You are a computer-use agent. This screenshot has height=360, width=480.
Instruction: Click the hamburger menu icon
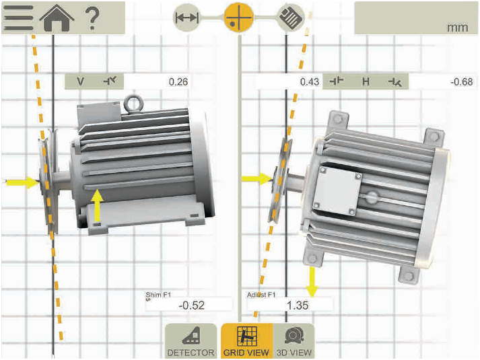pos(18,17)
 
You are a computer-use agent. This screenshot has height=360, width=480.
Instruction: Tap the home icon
pos(57,18)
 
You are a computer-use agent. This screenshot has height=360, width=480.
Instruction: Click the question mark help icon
pos(92,19)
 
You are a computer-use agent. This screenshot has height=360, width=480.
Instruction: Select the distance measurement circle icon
pos(187,17)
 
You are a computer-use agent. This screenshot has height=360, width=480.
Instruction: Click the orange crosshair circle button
pos(239,17)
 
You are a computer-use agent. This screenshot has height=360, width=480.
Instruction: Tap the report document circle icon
pos(291,17)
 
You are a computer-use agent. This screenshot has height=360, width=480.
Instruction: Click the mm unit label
pos(457,28)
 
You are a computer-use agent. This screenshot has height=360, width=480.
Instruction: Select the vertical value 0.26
pos(178,81)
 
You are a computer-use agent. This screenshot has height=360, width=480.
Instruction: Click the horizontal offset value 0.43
pos(310,81)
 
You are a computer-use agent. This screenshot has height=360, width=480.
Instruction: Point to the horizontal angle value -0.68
pos(461,81)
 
